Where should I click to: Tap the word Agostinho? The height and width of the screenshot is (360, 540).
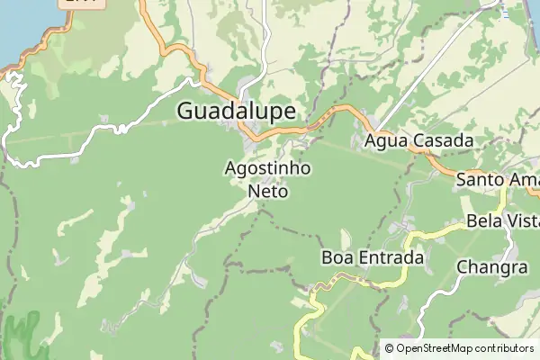click(x=267, y=168)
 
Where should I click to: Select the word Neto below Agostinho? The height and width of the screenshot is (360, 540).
click(x=267, y=191)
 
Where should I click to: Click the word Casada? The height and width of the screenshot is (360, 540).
click(x=445, y=141)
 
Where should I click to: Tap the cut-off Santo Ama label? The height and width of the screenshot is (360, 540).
click(x=498, y=180)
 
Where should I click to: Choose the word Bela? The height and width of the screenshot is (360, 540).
click(x=483, y=221)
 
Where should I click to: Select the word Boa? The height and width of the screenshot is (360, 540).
click(x=338, y=258)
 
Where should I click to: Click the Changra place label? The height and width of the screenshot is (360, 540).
click(x=491, y=267)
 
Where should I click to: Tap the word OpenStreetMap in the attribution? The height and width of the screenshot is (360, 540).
click(x=436, y=348)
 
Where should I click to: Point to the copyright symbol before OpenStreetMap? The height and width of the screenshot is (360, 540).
click(x=389, y=348)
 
